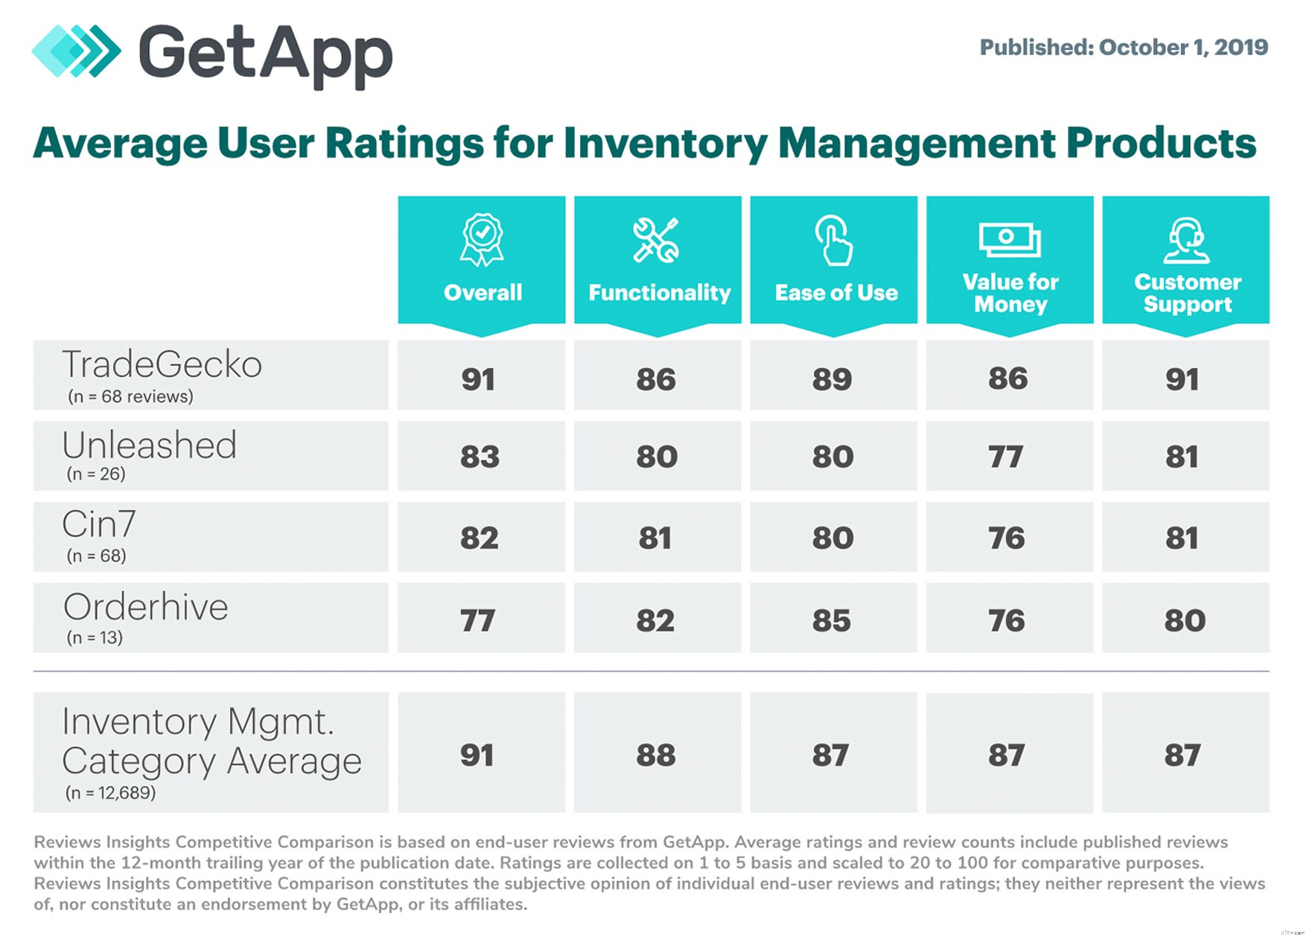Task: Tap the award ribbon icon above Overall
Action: (x=482, y=240)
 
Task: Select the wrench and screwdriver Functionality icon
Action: (x=656, y=240)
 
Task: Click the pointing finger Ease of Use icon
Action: (x=832, y=240)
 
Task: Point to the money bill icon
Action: (x=1009, y=240)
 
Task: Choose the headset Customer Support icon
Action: (x=1186, y=240)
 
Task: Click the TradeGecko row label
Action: (x=162, y=365)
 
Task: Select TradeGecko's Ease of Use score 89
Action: (x=832, y=379)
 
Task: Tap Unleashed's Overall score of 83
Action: (x=480, y=457)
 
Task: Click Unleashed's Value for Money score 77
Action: (x=1006, y=457)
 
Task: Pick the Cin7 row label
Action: (x=99, y=524)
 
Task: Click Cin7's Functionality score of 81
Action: (x=655, y=538)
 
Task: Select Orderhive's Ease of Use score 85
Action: (x=832, y=620)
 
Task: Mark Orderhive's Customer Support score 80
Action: (x=1185, y=620)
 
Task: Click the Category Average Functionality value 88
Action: (x=656, y=755)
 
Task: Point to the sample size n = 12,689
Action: (x=110, y=793)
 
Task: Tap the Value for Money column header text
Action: (x=1010, y=293)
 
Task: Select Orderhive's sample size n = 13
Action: (x=95, y=638)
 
